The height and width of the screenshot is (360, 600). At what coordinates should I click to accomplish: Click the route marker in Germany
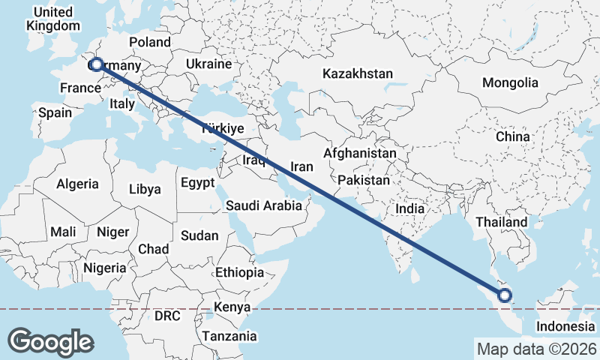[x=96, y=65]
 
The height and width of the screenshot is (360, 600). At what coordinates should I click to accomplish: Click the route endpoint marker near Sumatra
[x=505, y=295]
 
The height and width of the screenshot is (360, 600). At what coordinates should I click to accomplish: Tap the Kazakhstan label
[x=358, y=73]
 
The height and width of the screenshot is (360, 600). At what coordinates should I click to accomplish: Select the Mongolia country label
[x=510, y=82]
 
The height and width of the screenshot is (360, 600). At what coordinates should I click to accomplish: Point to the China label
[x=512, y=137]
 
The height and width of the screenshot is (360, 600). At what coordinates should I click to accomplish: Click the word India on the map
[x=409, y=209]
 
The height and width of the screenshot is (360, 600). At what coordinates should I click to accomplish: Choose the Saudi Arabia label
[x=263, y=205]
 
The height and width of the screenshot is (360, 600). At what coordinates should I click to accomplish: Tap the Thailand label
[x=502, y=222]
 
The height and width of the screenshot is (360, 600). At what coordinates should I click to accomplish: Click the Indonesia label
[x=565, y=326]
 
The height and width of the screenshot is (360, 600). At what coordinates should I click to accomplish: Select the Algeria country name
[x=78, y=184]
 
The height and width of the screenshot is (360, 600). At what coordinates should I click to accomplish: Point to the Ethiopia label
[x=239, y=272]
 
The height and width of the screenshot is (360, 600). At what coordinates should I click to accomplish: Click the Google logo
[x=50, y=341]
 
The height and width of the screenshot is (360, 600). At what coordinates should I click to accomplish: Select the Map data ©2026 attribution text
[x=536, y=349]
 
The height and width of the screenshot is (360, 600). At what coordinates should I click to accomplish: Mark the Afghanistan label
[x=359, y=153]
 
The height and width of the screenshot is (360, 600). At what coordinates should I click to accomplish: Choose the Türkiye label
[x=223, y=129]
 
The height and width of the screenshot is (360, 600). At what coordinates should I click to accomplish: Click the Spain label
[x=55, y=113]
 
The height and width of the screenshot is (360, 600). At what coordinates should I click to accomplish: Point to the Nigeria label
[x=104, y=267]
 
